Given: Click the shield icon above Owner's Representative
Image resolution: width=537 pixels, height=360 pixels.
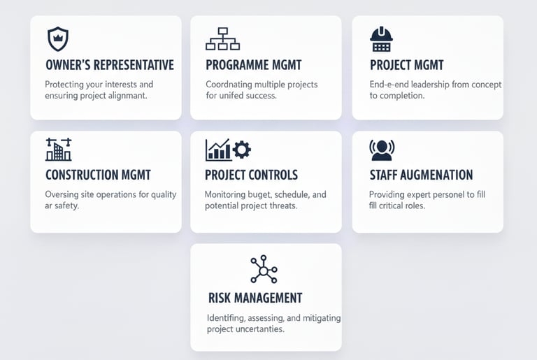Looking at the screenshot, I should [57, 39].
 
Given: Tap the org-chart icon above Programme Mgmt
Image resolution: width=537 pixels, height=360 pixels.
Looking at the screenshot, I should [222, 39].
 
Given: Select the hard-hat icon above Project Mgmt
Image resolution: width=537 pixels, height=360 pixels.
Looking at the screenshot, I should [381, 39].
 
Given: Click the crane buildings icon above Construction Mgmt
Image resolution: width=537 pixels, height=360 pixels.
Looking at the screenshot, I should [58, 150].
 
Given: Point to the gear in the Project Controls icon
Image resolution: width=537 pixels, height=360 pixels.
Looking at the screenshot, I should [242, 150].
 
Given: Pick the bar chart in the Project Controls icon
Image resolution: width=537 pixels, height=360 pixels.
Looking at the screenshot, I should [218, 150].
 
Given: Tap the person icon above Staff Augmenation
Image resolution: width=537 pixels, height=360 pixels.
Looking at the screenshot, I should [381, 149].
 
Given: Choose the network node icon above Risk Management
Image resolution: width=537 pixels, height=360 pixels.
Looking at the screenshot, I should [264, 269].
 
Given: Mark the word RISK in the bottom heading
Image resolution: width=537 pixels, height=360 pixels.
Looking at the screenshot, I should [220, 298].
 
